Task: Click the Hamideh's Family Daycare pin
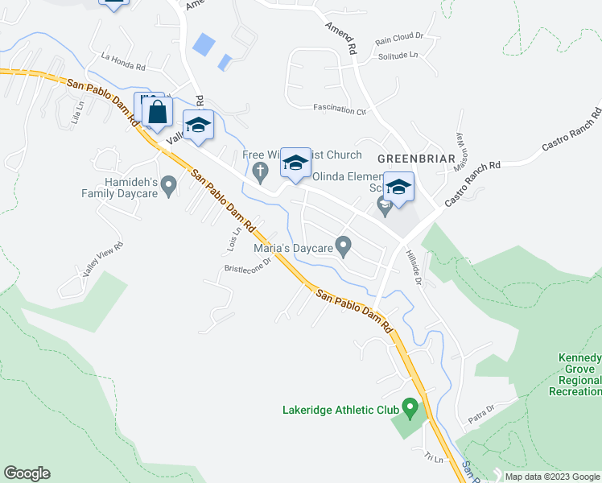(168, 187)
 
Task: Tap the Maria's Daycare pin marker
(344, 246)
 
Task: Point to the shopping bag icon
(158, 113)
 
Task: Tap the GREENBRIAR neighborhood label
(417, 158)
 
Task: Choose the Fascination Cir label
(340, 109)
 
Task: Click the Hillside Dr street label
(413, 266)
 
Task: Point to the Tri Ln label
(435, 458)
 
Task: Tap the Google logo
(27, 473)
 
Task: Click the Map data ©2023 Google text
(551, 477)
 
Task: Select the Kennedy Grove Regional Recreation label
(574, 374)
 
